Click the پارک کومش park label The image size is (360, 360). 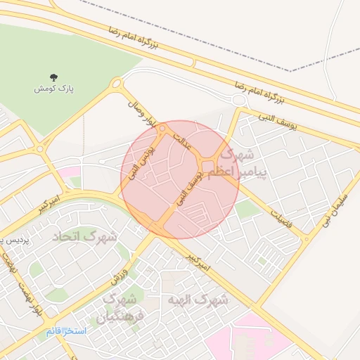pyautogui.click(x=55, y=89)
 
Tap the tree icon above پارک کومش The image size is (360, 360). pyautogui.click(x=55, y=77)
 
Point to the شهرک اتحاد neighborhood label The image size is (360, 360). pyautogui.click(x=84, y=236)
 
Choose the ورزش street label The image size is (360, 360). pyautogui.click(x=120, y=274)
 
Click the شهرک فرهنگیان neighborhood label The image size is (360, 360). pyautogui.click(x=115, y=307)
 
